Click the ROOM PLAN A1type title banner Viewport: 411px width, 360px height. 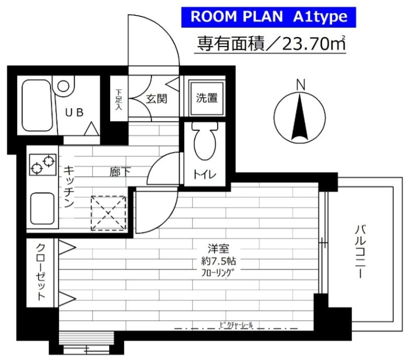point(268,17)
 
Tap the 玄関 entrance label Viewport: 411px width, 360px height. point(156,98)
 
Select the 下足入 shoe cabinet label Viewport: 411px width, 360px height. point(119,99)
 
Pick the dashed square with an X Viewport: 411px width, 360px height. point(109,213)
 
